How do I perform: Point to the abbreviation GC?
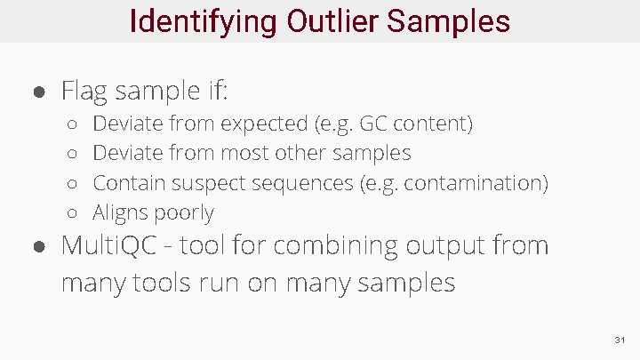point(374,123)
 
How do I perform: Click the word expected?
point(266,123)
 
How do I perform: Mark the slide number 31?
point(620,341)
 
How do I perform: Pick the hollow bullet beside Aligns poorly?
point(75,214)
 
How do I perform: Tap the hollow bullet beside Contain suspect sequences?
point(75,184)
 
